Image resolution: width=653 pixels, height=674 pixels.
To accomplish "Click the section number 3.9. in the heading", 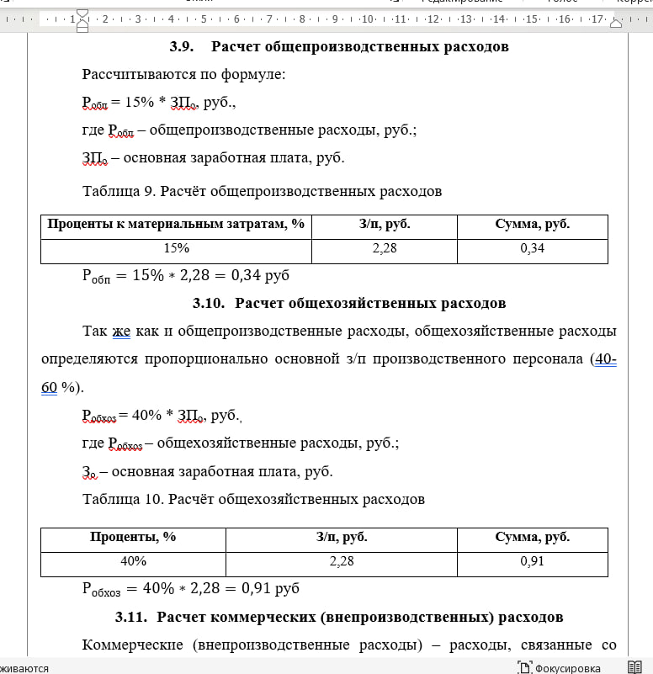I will point(182,46).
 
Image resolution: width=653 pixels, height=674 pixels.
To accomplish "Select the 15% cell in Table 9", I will point(177,248).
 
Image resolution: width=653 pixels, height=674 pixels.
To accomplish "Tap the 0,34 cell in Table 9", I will point(532,248).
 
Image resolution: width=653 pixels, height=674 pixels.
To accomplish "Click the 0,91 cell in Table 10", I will point(532,560).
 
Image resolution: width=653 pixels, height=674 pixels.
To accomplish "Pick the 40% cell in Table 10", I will point(133,560).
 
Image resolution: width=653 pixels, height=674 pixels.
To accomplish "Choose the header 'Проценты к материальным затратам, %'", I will point(176,224).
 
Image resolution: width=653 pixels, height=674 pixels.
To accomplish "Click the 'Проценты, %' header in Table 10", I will point(133,537).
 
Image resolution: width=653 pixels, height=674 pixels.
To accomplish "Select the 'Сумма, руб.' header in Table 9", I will point(532,224).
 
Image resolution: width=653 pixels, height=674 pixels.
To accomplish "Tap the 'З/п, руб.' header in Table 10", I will point(341,537).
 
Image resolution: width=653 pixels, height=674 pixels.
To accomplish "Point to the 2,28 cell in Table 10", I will point(341,560).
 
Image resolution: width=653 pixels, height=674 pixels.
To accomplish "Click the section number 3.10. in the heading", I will point(209,303).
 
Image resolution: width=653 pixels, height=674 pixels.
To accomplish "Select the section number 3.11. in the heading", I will point(131,617).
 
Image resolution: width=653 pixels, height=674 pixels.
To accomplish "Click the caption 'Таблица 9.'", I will point(119,191).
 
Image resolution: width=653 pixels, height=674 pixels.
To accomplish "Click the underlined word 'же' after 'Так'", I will point(121,331).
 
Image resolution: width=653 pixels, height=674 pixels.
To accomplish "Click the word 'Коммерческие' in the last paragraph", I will point(133,645).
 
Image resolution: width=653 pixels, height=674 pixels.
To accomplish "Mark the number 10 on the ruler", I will point(368,19).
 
